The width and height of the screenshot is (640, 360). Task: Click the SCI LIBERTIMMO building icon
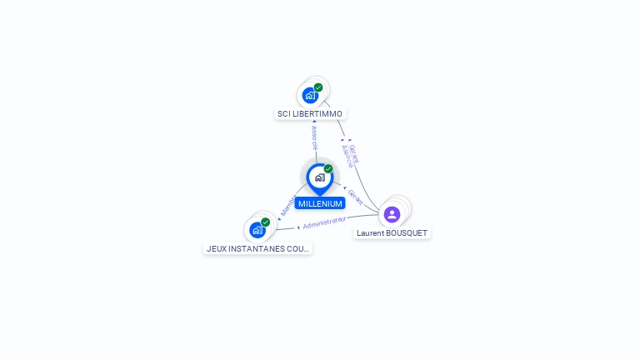(310, 95)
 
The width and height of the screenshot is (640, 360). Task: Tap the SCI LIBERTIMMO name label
(310, 113)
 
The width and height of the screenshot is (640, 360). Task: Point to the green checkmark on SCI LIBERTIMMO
(318, 87)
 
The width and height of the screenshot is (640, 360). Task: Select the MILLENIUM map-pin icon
(319, 177)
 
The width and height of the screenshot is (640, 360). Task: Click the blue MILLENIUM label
(320, 203)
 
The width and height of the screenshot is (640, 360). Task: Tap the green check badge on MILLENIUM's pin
(328, 168)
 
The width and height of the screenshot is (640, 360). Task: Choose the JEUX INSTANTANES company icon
(257, 230)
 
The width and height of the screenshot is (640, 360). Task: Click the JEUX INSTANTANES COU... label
(257, 248)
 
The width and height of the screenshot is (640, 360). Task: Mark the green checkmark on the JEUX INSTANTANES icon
(266, 222)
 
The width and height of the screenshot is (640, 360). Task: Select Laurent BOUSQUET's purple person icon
(392, 214)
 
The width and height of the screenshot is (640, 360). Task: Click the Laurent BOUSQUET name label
(392, 233)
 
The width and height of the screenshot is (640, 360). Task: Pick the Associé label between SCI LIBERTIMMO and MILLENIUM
(315, 137)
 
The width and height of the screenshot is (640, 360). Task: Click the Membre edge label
(287, 207)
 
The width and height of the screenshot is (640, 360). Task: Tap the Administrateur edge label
(323, 222)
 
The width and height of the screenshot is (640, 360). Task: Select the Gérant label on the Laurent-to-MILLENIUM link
(356, 197)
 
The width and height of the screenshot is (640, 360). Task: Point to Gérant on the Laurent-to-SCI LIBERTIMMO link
(354, 152)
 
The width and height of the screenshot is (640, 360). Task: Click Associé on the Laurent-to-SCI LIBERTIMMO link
(347, 157)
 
